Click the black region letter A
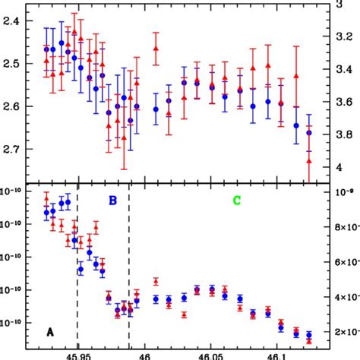[50, 331]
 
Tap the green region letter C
[236, 201]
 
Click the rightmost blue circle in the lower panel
[309, 334]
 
